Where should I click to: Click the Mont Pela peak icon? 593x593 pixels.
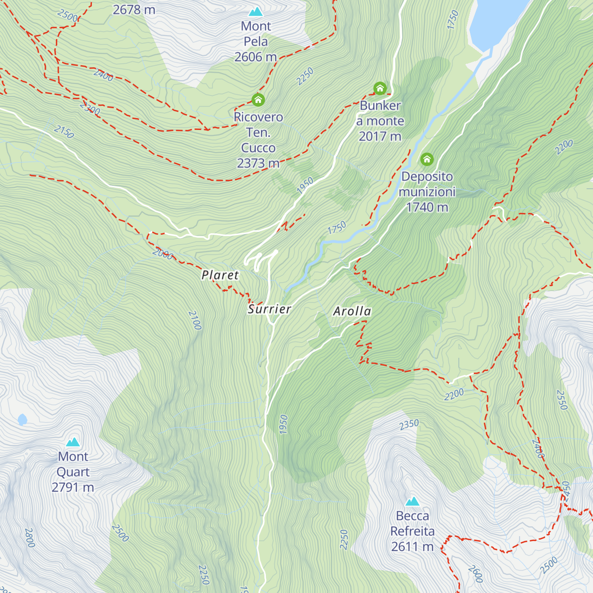(x=255, y=11)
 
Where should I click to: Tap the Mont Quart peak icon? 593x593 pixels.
(x=73, y=442)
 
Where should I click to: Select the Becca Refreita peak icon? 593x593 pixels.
(x=413, y=502)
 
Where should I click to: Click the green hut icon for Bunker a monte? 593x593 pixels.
(x=380, y=88)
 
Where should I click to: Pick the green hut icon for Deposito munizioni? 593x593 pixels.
(x=427, y=159)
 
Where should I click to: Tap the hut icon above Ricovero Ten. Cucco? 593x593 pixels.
(x=258, y=100)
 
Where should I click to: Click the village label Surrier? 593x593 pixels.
(x=269, y=309)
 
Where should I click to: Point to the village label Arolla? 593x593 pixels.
(x=352, y=311)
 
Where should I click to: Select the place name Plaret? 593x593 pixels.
(x=220, y=275)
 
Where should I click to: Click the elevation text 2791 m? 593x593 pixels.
(x=73, y=487)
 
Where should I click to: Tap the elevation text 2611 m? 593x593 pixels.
(x=412, y=547)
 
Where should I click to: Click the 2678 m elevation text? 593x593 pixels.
(x=134, y=9)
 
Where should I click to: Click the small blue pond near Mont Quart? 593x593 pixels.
(x=22, y=420)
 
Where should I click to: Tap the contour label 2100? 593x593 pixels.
(x=195, y=320)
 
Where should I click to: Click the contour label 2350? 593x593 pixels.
(x=409, y=424)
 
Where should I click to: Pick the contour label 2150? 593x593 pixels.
(x=64, y=131)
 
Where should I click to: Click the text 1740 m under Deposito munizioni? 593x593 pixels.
(x=427, y=207)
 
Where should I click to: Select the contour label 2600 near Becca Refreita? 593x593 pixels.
(x=475, y=574)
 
